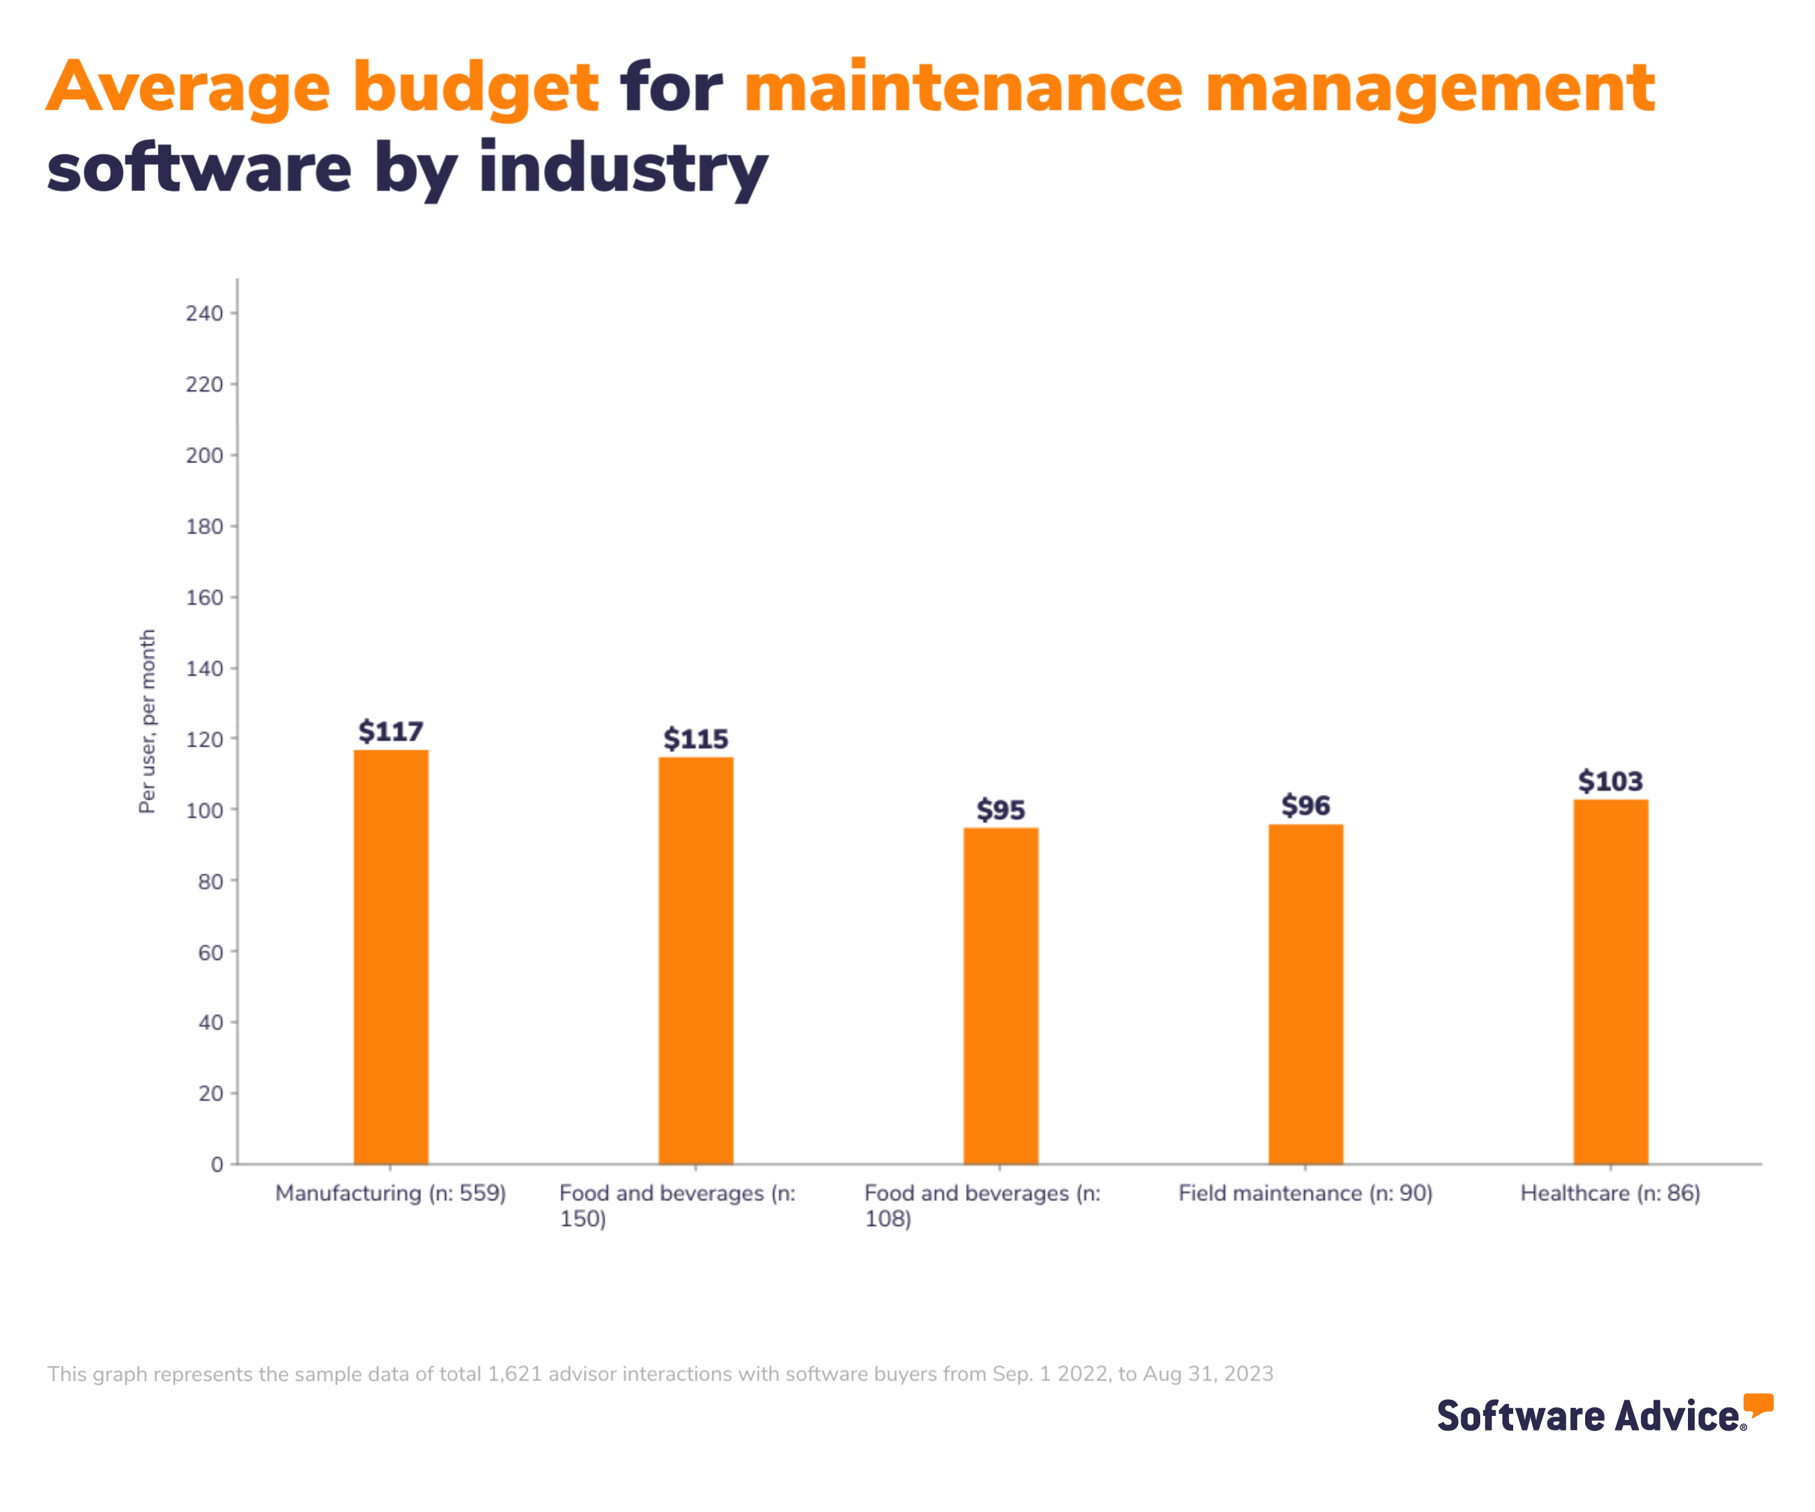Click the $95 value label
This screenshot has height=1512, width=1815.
1000,810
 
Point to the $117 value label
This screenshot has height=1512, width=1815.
391,732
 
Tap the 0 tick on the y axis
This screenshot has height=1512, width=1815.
217,1165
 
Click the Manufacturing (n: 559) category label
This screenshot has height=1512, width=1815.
391,1193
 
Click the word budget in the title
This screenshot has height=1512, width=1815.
475,88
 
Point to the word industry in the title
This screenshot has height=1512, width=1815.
623,169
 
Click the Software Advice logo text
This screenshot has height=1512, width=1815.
1588,1416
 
